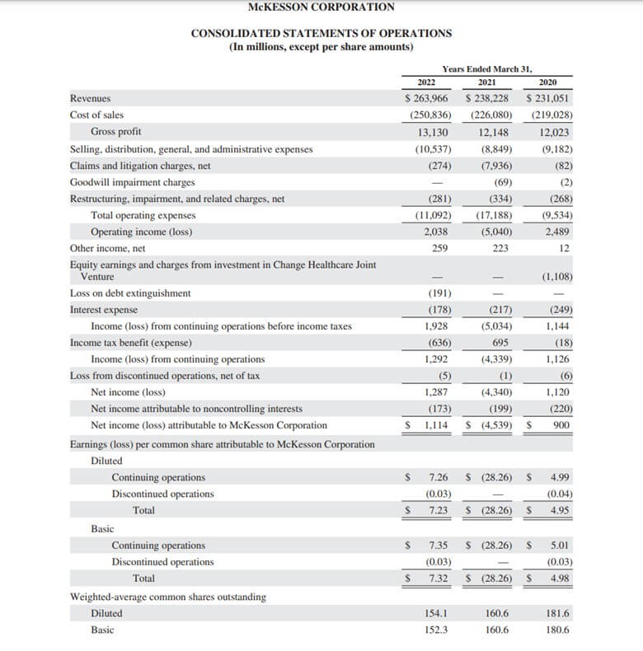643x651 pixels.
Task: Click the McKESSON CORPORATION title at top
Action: click(321, 7)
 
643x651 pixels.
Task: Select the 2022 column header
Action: click(426, 82)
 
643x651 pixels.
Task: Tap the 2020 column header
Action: click(547, 82)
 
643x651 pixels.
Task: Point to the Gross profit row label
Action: click(115, 132)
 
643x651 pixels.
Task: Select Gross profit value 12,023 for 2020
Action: click(554, 132)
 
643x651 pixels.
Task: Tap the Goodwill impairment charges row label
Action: click(132, 182)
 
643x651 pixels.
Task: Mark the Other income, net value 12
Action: click(564, 248)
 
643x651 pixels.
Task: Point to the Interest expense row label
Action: click(104, 310)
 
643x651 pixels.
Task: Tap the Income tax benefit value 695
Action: click(500, 343)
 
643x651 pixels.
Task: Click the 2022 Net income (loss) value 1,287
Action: click(436, 392)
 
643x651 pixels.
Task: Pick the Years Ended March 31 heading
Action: click(487, 68)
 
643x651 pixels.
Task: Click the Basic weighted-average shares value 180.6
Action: click(558, 630)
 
